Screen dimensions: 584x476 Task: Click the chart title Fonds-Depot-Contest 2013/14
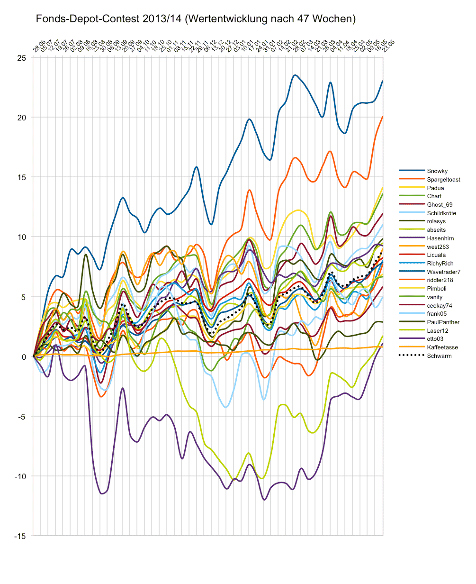196,19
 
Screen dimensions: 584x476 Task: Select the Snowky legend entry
437,171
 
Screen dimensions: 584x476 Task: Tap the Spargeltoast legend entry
443,180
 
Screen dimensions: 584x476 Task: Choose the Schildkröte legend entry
441,213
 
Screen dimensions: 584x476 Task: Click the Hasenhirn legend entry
440,238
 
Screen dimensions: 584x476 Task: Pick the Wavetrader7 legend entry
443,272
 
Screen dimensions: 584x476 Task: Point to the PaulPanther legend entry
443,322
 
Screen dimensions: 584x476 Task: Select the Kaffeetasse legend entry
442,347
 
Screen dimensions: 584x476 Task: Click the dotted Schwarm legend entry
439,356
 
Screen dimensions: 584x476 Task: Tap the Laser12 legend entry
438,330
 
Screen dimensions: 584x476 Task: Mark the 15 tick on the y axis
22,177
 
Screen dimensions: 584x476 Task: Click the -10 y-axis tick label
21,476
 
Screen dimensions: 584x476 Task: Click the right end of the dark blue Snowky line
382,81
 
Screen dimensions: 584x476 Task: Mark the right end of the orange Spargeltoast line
382,117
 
